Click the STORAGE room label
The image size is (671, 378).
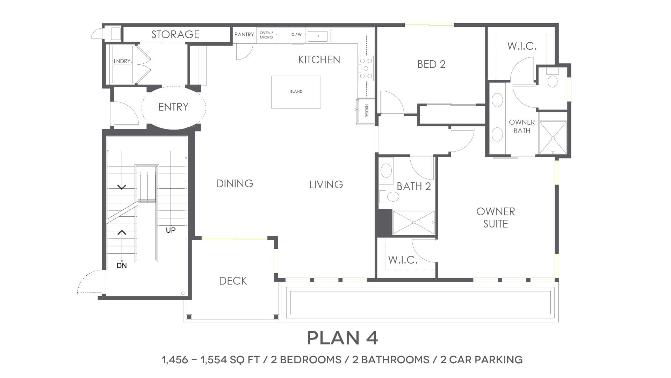pyautogui.click(x=175, y=34)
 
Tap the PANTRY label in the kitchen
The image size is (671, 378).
pyautogui.click(x=244, y=34)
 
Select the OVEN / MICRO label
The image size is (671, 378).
pyautogui.click(x=266, y=35)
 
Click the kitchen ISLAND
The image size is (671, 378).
pyautogui.click(x=296, y=92)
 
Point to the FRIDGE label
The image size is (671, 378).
pyautogui.click(x=367, y=111)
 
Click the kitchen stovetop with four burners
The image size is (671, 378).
pyautogui.click(x=366, y=68)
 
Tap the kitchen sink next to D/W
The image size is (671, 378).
pyautogui.click(x=318, y=36)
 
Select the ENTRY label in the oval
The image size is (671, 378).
pyautogui.click(x=173, y=107)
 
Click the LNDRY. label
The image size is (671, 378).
pyautogui.click(x=123, y=61)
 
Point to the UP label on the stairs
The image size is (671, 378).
pyautogui.click(x=171, y=230)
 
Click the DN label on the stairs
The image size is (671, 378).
pyautogui.click(x=122, y=266)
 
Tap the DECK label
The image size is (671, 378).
pyautogui.click(x=233, y=281)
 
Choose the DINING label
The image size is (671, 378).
pyautogui.click(x=235, y=183)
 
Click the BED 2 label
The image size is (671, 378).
pyautogui.click(x=432, y=64)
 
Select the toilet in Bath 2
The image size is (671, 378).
pyautogui.click(x=390, y=197)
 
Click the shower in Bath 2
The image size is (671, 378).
pyautogui.click(x=414, y=222)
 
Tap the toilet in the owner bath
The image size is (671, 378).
pyautogui.click(x=553, y=78)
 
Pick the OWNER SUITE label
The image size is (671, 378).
pyautogui.click(x=496, y=218)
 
